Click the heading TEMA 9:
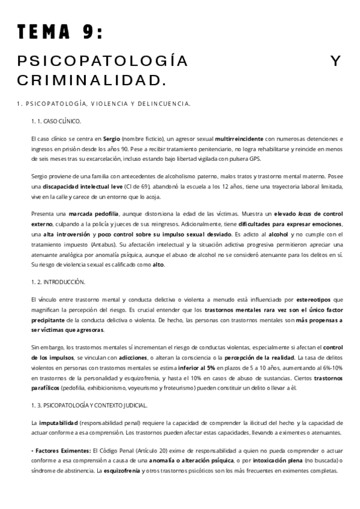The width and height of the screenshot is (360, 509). pyautogui.click(x=59, y=32)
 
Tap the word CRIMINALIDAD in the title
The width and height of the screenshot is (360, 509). pyautogui.click(x=90, y=79)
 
